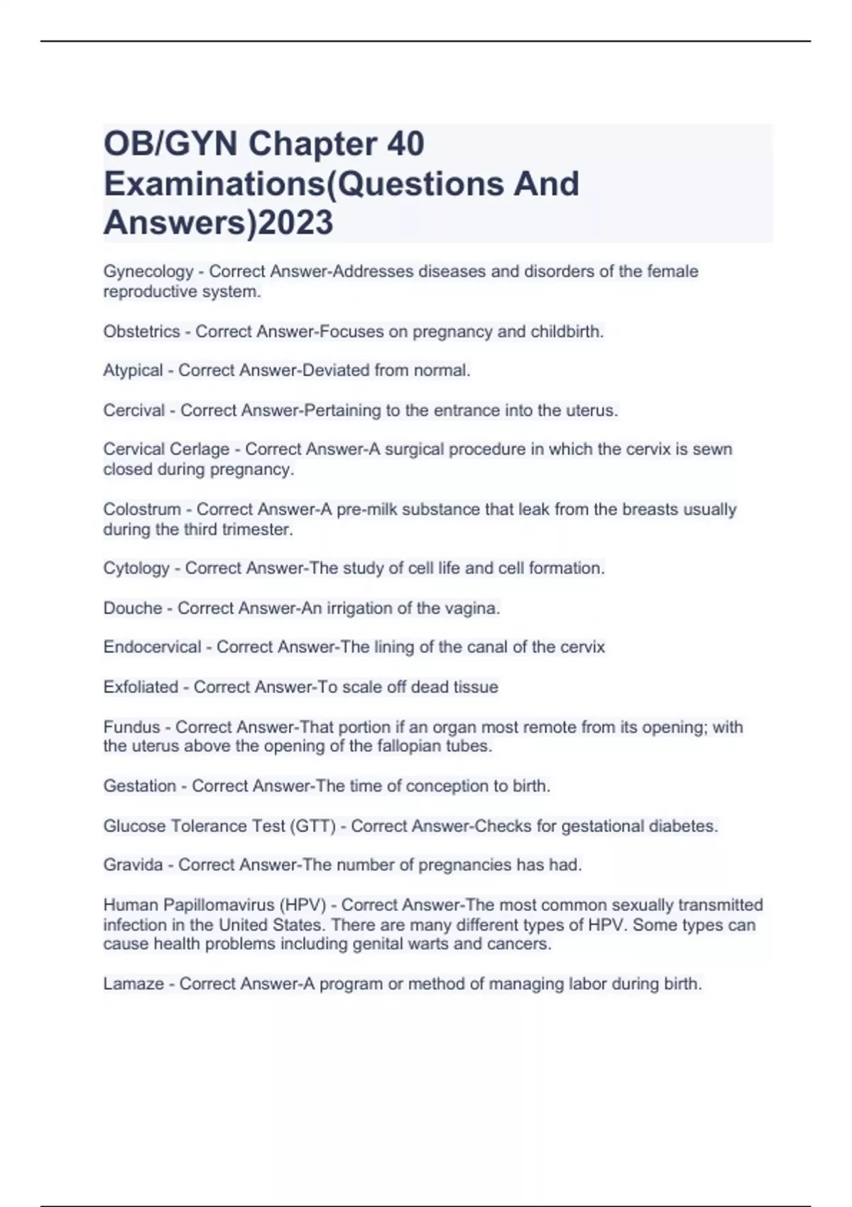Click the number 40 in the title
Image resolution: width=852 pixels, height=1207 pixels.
(x=405, y=144)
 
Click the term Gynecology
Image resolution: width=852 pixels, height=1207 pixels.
(x=148, y=272)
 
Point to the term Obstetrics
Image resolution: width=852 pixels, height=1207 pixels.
(x=141, y=332)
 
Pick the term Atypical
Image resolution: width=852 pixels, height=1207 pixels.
(x=133, y=371)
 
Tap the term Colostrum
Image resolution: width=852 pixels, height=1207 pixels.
(x=142, y=510)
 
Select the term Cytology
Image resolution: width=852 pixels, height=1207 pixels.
(x=136, y=569)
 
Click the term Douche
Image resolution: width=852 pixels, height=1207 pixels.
(x=133, y=608)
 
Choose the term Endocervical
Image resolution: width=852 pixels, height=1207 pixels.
(x=152, y=648)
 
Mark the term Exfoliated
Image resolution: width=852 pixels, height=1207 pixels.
(x=141, y=687)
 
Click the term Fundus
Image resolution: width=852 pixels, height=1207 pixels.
(x=131, y=727)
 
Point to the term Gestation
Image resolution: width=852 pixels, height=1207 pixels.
(x=140, y=787)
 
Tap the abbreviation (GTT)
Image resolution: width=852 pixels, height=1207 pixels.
(x=312, y=826)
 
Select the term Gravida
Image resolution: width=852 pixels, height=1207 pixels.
(x=133, y=865)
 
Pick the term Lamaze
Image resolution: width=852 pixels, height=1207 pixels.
(x=133, y=984)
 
